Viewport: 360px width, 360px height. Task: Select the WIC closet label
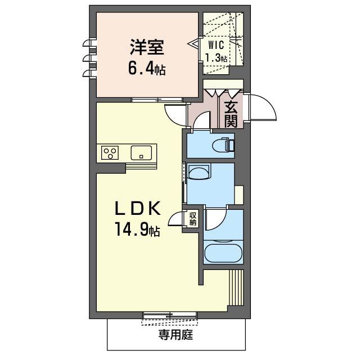tap(217, 45)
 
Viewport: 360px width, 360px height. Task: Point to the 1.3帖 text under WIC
tap(217, 58)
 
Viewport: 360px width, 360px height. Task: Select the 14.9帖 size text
tap(138, 230)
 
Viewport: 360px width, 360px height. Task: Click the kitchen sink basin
tap(141, 152)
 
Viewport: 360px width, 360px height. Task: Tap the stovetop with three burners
tap(110, 152)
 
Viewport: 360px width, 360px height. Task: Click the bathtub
tap(223, 253)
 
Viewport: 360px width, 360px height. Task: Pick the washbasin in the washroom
tap(199, 172)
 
